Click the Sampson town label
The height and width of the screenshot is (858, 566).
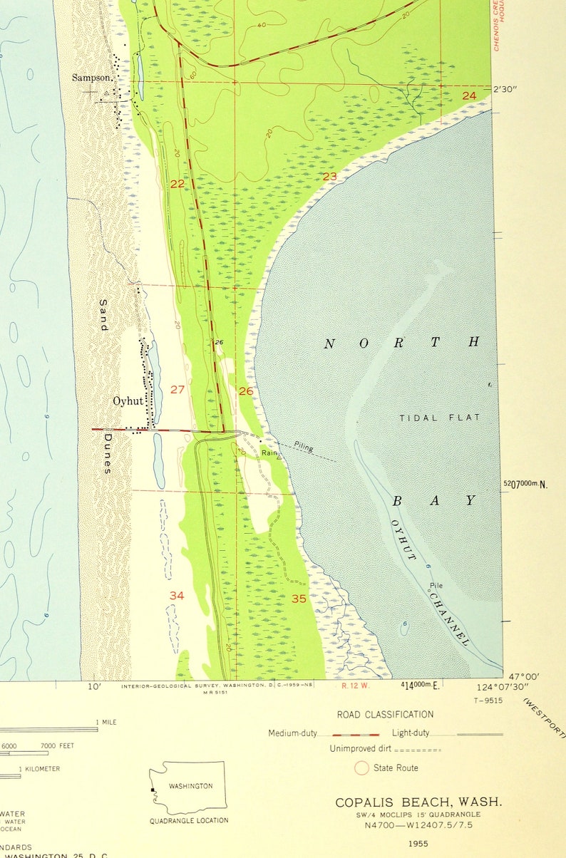click(x=91, y=77)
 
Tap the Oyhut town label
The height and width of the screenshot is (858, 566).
click(x=128, y=401)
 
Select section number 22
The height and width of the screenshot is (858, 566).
click(x=177, y=184)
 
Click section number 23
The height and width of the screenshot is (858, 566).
click(x=329, y=176)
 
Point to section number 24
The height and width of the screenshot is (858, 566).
click(x=468, y=95)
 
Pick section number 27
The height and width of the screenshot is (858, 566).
click(x=177, y=389)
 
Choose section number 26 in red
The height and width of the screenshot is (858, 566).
click(x=246, y=391)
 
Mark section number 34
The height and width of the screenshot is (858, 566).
click(x=177, y=595)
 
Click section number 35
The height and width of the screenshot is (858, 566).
click(x=299, y=599)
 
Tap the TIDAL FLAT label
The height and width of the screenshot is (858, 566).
click(x=440, y=418)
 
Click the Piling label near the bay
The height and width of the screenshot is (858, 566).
click(x=303, y=447)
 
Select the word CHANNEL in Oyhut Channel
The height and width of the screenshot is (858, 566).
click(x=450, y=619)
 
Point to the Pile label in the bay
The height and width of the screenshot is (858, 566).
click(x=436, y=586)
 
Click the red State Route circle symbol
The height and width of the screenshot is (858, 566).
click(x=361, y=767)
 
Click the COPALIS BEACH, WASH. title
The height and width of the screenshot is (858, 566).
click(x=418, y=802)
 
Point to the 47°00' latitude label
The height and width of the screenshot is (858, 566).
click(x=523, y=676)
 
